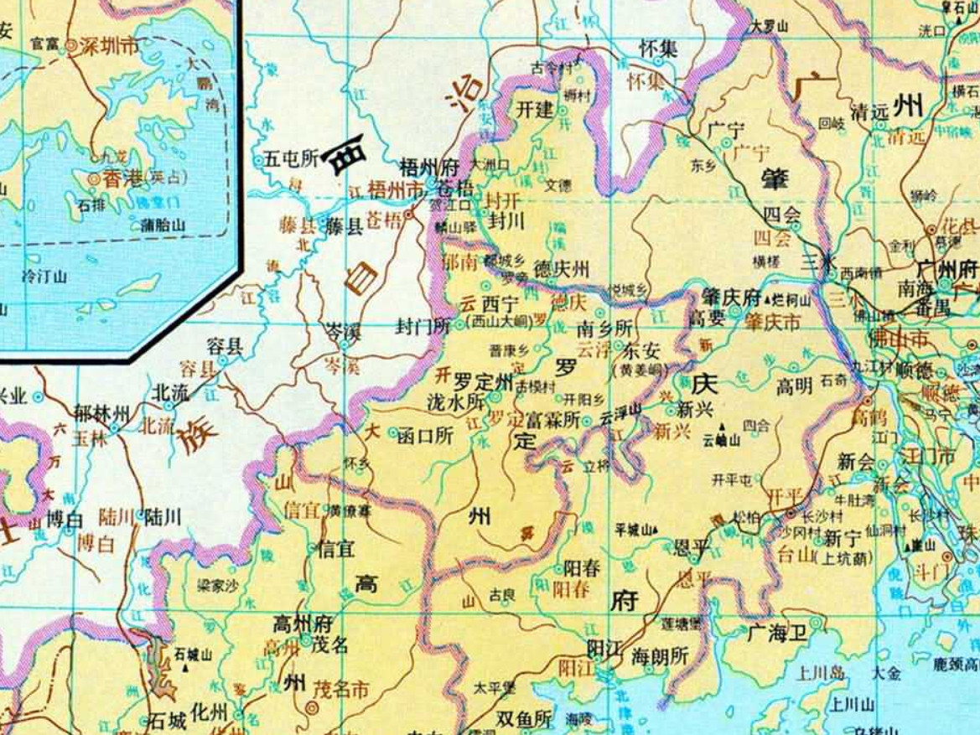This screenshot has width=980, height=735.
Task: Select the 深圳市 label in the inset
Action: tap(109, 46)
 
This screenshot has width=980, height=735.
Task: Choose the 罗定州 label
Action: tap(483, 381)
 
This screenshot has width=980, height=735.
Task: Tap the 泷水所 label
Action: tap(456, 402)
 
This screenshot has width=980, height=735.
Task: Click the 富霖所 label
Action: tap(551, 419)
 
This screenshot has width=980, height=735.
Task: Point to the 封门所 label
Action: tap(423, 327)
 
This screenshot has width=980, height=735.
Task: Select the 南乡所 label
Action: tap(604, 329)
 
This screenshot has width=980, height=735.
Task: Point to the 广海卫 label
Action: tap(777, 634)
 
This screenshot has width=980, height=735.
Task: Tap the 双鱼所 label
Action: tap(524, 719)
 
